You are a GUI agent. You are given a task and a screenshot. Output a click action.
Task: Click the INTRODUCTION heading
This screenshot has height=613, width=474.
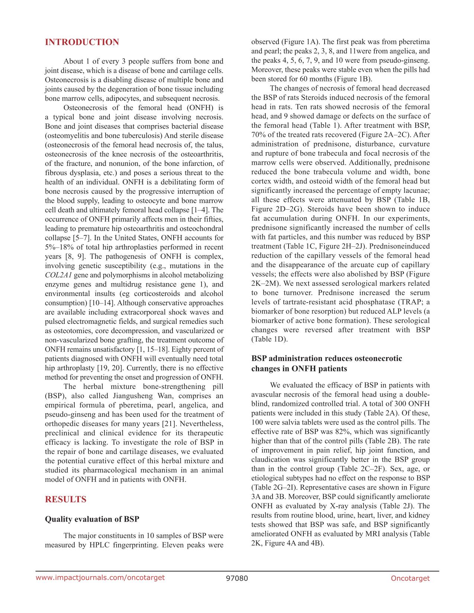[82, 42]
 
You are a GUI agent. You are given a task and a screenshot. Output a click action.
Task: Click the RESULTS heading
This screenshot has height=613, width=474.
[65, 500]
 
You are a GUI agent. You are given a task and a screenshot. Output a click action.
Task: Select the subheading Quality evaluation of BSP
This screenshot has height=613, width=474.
[92, 519]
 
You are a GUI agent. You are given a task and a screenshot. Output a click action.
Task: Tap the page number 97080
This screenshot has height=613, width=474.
[237, 578]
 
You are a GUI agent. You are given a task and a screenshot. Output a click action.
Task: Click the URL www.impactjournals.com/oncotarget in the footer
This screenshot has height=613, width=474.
[100, 578]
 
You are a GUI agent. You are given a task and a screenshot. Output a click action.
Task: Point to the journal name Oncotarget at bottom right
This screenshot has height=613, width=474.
[410, 578]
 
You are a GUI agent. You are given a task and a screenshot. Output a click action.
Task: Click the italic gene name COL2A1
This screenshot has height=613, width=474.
[58, 275]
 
